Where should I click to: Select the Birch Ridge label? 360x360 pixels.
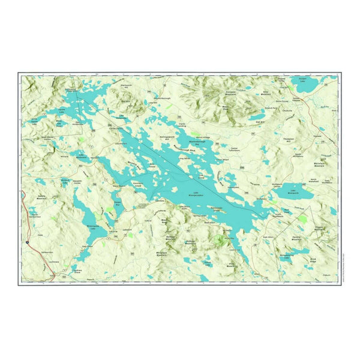click(313, 259)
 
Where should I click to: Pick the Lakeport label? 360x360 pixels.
click(127, 229)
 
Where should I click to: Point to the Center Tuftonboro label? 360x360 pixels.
click(234, 148)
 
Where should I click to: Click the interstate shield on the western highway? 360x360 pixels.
click(27, 241)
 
